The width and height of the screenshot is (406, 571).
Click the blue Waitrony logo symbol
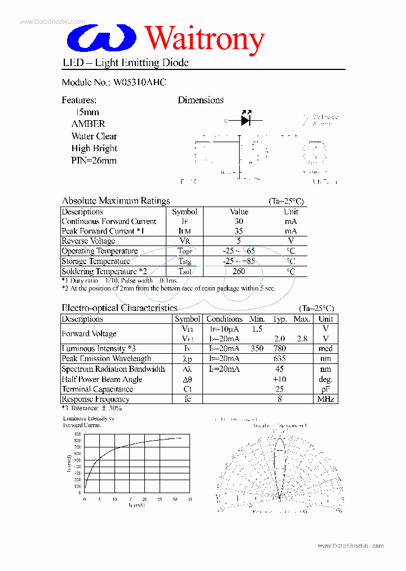(102, 38)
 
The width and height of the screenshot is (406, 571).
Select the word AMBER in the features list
(88, 124)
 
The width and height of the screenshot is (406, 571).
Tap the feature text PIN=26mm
(94, 161)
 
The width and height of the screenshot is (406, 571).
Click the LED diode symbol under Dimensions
(245, 120)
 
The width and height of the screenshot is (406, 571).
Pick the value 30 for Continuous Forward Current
(239, 221)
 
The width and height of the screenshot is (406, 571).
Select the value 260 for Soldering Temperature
(239, 271)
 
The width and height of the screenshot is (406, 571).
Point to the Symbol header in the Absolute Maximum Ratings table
(184, 212)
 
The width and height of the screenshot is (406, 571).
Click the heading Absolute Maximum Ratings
(116, 201)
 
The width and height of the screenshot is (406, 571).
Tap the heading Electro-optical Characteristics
(119, 308)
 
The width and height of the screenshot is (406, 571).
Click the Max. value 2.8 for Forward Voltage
(302, 339)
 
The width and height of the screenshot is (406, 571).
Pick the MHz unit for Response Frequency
(325, 399)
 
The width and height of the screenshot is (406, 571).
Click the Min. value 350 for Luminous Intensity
(257, 349)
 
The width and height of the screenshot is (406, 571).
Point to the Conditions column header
(224, 319)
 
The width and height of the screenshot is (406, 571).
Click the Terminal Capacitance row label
(98, 389)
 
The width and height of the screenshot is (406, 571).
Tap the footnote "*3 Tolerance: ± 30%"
(91, 408)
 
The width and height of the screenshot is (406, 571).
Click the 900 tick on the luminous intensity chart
(77, 434)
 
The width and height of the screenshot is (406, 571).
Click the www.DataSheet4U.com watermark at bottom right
(350, 546)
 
